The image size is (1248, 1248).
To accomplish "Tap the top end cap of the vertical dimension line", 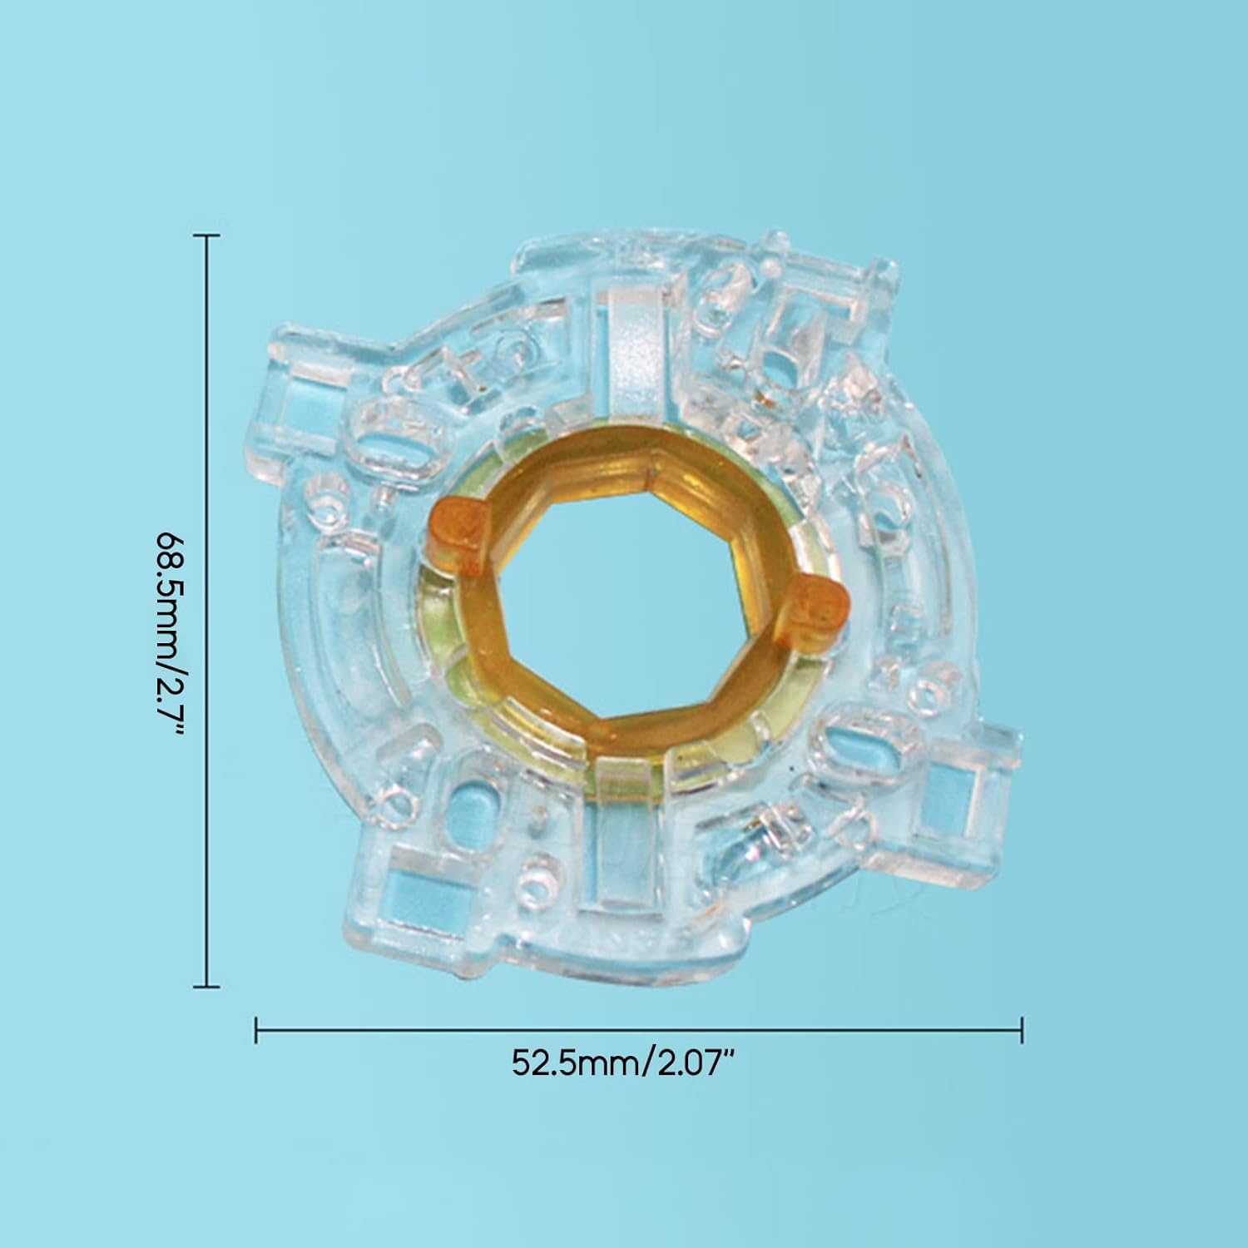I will point(206,236).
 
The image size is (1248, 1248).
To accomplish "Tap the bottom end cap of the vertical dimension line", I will point(206,987).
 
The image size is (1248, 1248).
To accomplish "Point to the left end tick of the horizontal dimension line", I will point(256,1030).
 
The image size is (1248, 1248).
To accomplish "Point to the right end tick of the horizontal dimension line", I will point(1021,1030).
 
